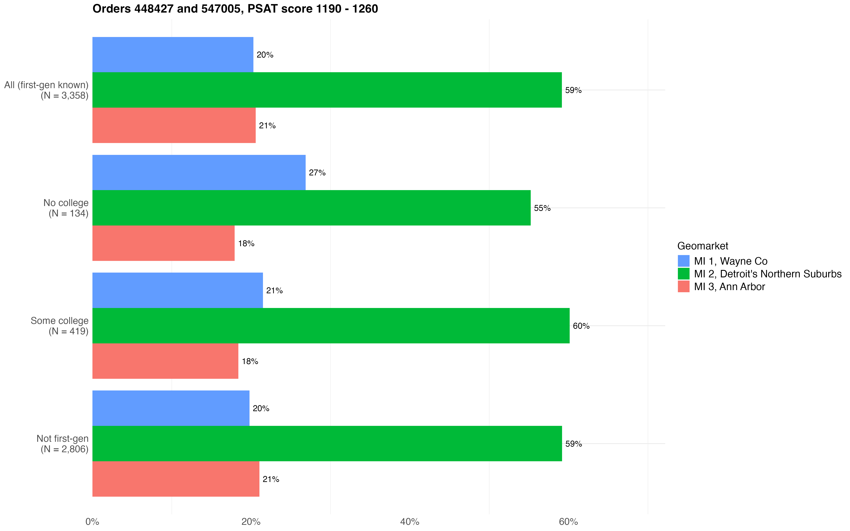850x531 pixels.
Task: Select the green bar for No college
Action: click(x=311, y=208)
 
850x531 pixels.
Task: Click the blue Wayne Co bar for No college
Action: click(x=199, y=172)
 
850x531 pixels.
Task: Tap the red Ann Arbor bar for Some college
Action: click(x=165, y=361)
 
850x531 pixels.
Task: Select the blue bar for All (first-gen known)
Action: click(x=173, y=55)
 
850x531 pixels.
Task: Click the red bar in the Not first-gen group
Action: click(x=176, y=479)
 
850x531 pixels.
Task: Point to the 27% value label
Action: click(x=317, y=173)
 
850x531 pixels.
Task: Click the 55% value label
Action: click(x=542, y=208)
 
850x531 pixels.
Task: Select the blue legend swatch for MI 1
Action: click(x=684, y=261)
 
